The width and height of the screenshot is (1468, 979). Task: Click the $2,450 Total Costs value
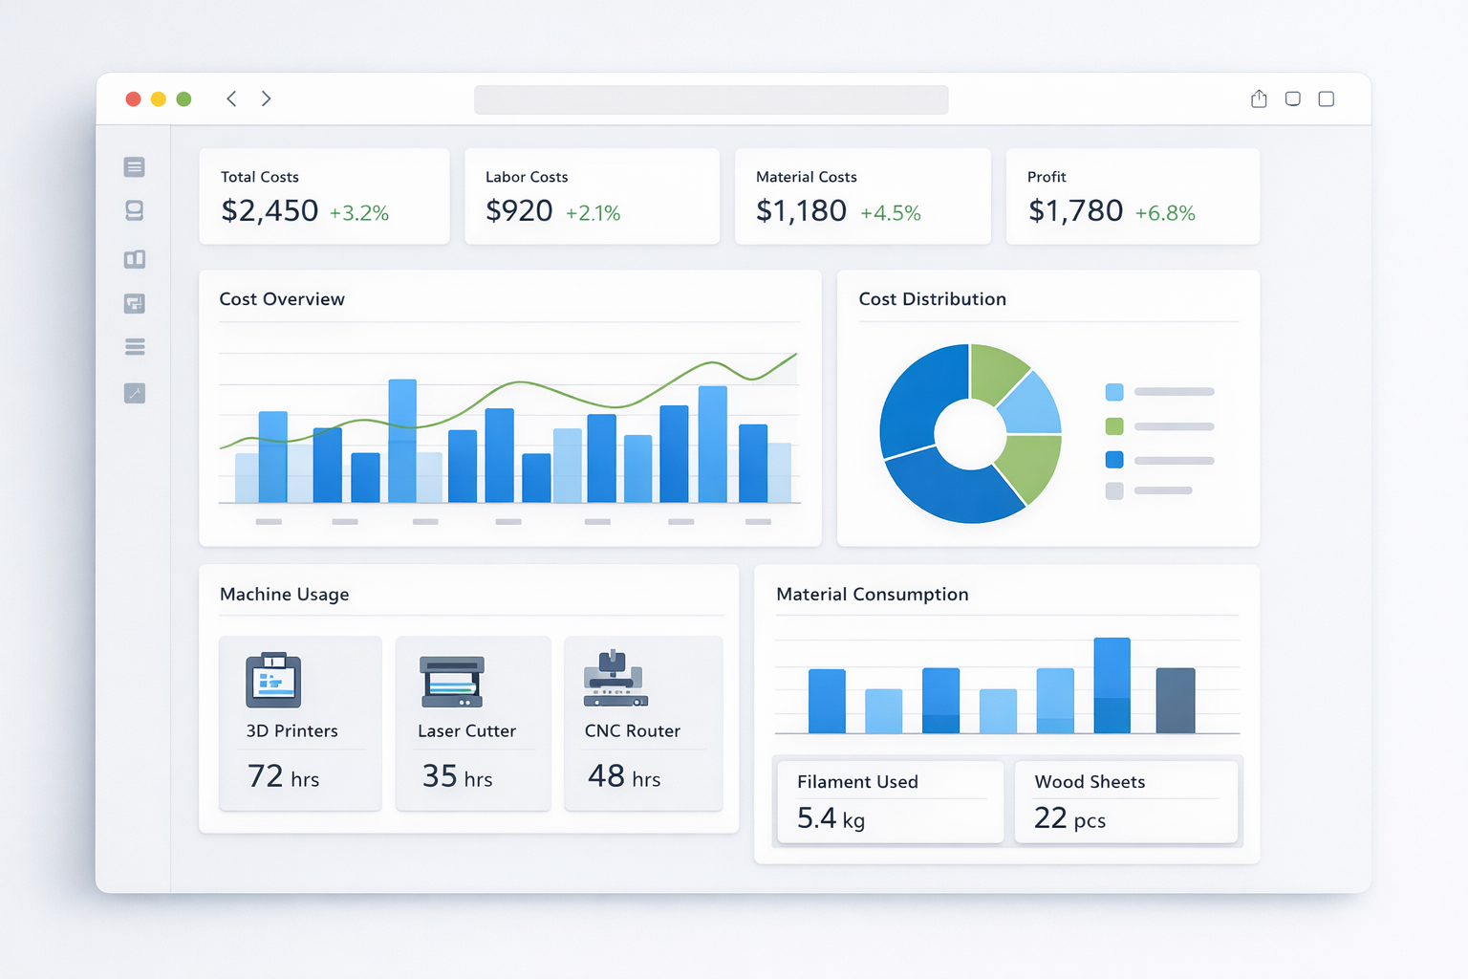click(x=270, y=210)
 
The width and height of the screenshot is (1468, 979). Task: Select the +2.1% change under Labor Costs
click(x=593, y=213)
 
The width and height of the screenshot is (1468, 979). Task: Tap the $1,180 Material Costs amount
click(x=801, y=210)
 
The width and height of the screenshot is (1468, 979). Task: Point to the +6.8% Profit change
click(x=1164, y=213)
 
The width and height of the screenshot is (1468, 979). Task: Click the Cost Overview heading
click(x=282, y=299)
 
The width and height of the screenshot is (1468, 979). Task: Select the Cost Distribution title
click(x=932, y=299)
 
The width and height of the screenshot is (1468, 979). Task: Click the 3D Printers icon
click(x=273, y=680)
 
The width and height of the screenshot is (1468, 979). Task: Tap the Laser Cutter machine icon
click(x=452, y=681)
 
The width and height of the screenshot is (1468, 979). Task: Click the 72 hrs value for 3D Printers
click(x=283, y=776)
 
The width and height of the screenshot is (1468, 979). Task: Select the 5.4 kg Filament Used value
click(x=831, y=818)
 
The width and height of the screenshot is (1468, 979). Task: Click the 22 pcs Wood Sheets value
click(x=1069, y=818)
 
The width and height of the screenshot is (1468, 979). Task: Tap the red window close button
click(x=134, y=99)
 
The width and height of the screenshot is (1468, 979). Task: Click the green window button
click(x=184, y=99)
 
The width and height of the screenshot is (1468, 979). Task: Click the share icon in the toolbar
click(x=1259, y=98)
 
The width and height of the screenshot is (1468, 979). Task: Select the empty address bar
click(x=711, y=99)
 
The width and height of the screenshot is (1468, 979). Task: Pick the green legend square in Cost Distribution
click(x=1114, y=426)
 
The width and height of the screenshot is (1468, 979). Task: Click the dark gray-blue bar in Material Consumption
click(x=1175, y=701)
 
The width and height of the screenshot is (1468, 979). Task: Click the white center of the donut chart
click(x=970, y=434)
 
